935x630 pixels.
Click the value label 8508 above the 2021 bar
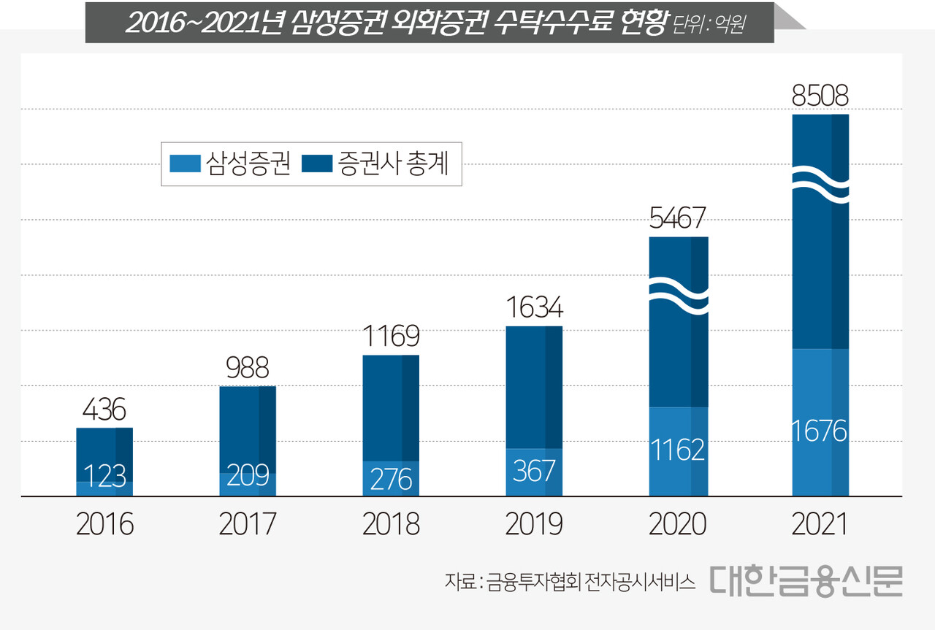(x=820, y=96)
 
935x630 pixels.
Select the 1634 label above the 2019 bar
(x=534, y=307)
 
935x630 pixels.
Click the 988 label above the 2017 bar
(x=248, y=367)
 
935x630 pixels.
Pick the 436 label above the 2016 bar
(x=104, y=410)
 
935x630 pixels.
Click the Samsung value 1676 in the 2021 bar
(x=820, y=431)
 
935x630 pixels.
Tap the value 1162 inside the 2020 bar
(x=677, y=450)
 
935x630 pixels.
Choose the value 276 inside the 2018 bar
(x=391, y=479)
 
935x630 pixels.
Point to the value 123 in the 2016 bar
(x=104, y=477)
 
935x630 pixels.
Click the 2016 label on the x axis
(x=104, y=525)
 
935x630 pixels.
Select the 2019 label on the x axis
(x=534, y=525)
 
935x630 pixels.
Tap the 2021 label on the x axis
(x=820, y=525)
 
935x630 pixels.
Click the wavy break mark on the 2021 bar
(x=820, y=184)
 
